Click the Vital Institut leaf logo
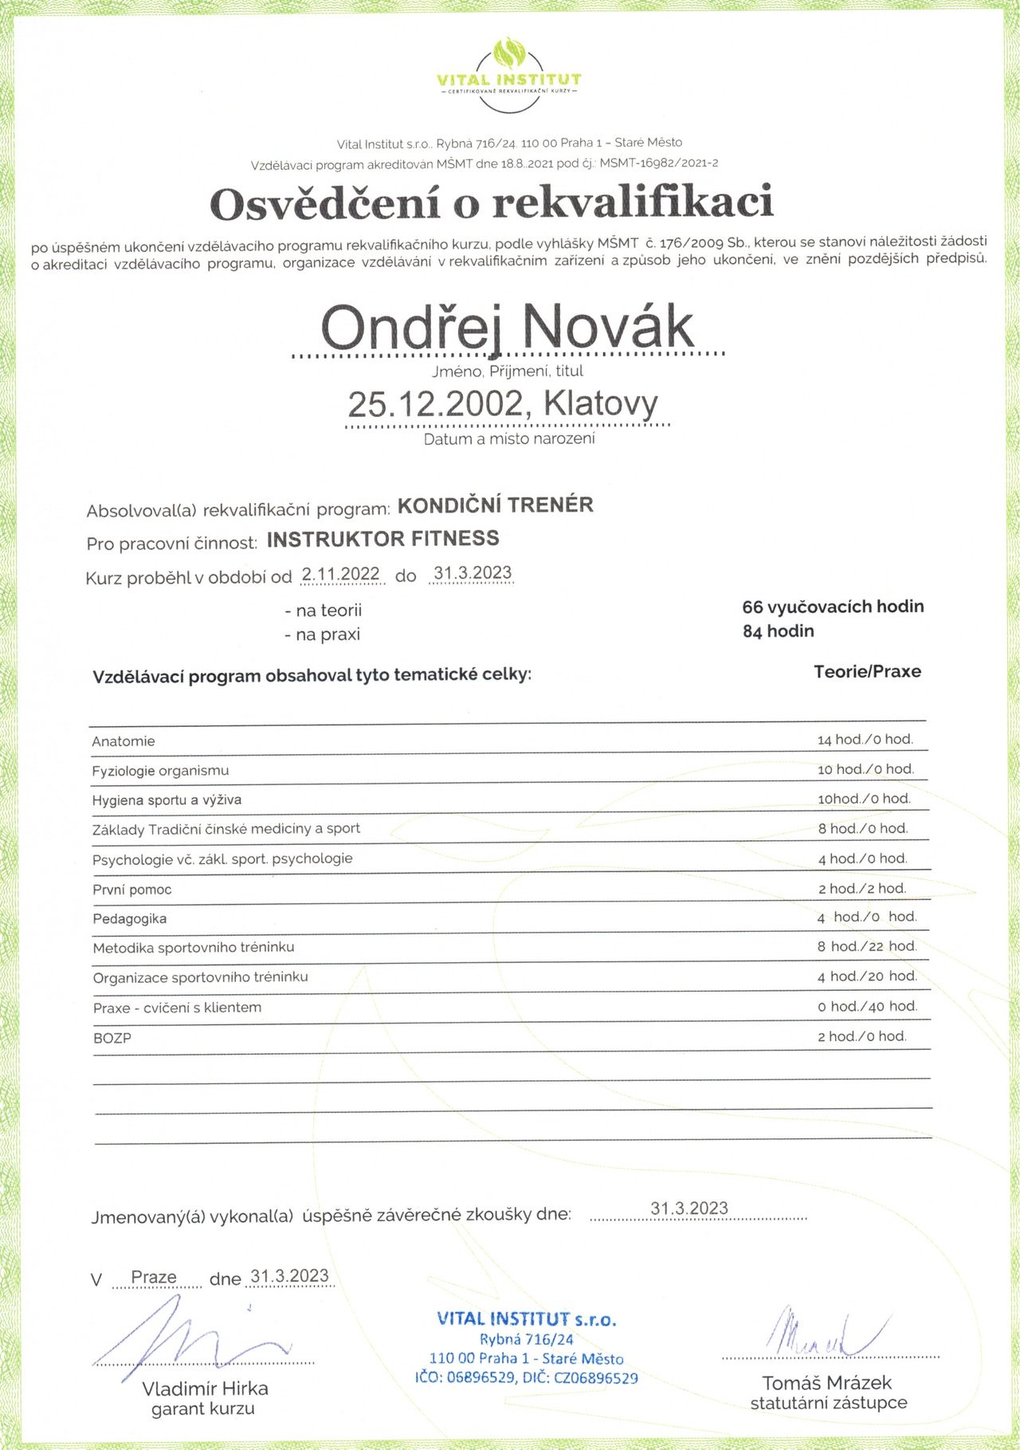click(508, 54)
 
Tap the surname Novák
click(607, 326)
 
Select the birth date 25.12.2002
click(434, 404)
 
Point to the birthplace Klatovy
click(601, 404)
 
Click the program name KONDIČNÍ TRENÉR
click(495, 505)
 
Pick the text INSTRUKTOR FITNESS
click(382, 540)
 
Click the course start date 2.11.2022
click(340, 574)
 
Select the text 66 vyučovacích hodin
click(833, 607)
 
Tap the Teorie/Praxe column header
click(867, 671)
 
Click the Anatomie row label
click(124, 741)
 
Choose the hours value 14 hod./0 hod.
click(865, 740)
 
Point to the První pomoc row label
click(131, 890)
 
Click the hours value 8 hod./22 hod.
click(866, 946)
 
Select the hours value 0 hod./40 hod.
click(867, 1007)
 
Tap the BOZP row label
click(112, 1039)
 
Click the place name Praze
click(154, 1277)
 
